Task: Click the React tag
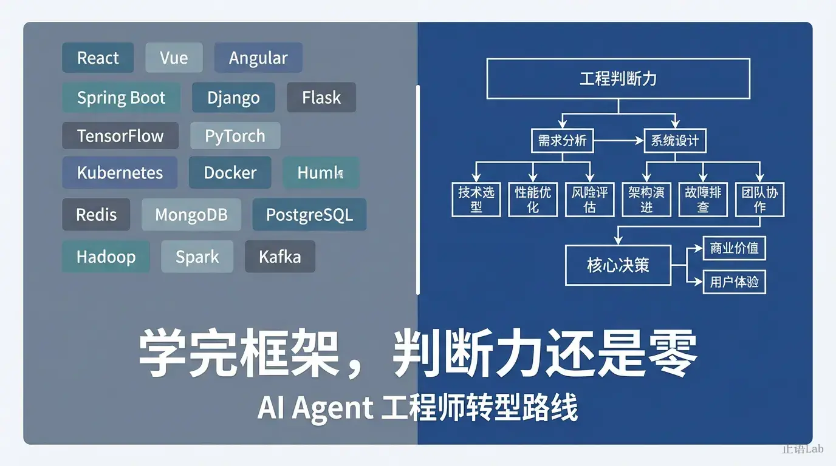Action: click(98, 58)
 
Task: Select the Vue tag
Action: click(174, 58)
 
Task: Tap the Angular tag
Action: click(258, 58)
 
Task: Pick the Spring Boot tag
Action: click(121, 98)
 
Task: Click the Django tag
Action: click(233, 98)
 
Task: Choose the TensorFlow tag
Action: click(120, 135)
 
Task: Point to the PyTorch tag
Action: click(235, 135)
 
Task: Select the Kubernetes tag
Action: click(120, 172)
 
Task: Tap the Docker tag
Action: click(230, 172)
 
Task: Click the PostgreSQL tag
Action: click(309, 214)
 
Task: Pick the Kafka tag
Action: click(279, 256)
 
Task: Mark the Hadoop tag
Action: click(106, 256)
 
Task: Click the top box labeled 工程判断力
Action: click(618, 78)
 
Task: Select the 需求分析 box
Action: click(562, 141)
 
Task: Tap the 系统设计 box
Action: click(674, 141)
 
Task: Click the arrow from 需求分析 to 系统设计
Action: click(618, 141)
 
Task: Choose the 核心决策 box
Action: click(618, 265)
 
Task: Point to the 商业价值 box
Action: click(734, 248)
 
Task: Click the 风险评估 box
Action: click(589, 200)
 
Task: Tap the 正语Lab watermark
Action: click(802, 449)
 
